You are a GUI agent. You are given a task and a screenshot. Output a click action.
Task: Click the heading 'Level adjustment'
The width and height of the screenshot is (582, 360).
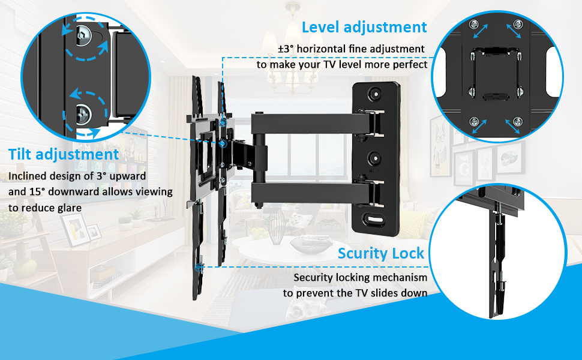click(x=364, y=28)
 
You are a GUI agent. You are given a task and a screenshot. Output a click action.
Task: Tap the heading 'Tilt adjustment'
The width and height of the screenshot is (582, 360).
click(x=64, y=155)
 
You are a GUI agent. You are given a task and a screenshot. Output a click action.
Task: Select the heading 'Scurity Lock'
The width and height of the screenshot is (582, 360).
click(x=381, y=253)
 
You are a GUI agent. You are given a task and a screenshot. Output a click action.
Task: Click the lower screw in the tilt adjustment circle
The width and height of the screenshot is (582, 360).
click(x=83, y=112)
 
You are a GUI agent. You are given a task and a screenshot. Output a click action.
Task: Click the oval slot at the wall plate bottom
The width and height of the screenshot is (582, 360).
click(x=376, y=220)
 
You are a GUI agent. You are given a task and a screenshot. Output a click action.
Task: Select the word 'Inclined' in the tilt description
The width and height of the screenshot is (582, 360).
click(x=29, y=177)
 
